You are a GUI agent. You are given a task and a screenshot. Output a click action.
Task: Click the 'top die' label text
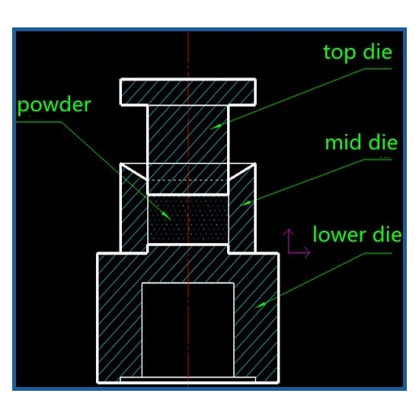point(357,53)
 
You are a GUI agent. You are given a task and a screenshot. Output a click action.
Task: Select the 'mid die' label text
point(361,142)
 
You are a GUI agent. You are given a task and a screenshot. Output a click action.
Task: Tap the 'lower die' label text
point(357,235)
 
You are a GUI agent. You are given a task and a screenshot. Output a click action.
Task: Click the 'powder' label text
point(54,106)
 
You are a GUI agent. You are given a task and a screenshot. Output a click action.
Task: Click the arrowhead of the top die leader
point(216,126)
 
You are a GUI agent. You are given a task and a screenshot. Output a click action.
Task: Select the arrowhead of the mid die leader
point(246,204)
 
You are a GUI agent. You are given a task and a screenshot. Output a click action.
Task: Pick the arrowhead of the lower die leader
point(261,305)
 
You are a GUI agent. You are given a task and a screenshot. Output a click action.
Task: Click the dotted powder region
point(188,219)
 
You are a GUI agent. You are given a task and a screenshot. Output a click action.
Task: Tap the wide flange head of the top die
point(188,92)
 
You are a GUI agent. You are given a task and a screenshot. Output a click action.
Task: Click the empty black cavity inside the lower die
point(188,330)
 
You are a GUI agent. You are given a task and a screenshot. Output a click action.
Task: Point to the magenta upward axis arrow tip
point(289,230)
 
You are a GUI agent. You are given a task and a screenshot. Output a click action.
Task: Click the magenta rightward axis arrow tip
point(309,252)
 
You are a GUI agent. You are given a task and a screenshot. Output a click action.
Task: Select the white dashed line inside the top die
point(188,181)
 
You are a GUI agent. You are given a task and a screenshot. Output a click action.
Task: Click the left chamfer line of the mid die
point(133,171)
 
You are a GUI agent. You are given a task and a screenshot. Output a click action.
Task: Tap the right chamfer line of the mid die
point(241,171)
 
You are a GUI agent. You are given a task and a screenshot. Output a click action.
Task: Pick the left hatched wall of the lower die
point(120,318)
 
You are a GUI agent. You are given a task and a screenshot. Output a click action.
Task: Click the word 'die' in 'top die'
point(378,52)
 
